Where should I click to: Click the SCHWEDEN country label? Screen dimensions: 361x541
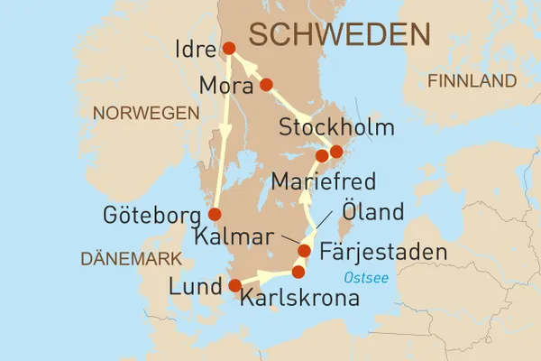[x=339, y=35]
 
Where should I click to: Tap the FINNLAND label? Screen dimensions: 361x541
[x=472, y=81]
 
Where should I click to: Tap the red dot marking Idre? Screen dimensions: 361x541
[x=228, y=49]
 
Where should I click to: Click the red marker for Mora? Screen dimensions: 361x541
[x=266, y=86]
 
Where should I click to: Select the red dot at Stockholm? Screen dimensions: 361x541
[x=336, y=151]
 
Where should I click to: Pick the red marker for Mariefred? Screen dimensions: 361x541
[x=321, y=156]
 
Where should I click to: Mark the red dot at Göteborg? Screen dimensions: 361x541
[x=215, y=214]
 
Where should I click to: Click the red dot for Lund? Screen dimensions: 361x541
[x=235, y=286]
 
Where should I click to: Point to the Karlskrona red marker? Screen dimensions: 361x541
[x=298, y=272]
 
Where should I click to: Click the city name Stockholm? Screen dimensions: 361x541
[x=337, y=127]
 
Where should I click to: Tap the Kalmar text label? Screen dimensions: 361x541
[x=234, y=238]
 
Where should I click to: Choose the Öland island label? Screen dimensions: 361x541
[x=372, y=215]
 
